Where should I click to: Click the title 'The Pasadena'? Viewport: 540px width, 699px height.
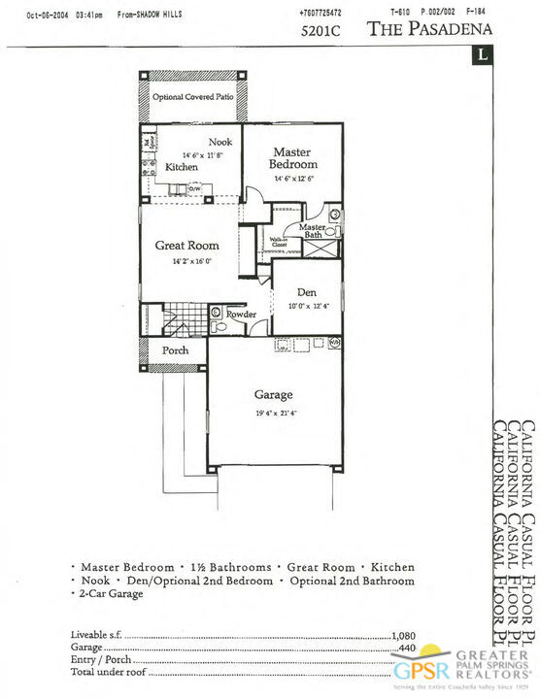tap(429, 28)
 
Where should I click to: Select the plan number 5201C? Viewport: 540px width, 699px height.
tap(321, 29)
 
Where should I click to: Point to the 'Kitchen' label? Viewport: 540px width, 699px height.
tap(182, 167)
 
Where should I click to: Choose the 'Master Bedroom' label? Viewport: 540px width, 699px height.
tap(292, 158)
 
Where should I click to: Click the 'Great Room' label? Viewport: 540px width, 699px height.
tap(186, 246)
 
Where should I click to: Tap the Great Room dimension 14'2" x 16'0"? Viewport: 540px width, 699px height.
tap(191, 261)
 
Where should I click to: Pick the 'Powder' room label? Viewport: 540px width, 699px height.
tap(241, 315)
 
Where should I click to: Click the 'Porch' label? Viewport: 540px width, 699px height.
tap(175, 350)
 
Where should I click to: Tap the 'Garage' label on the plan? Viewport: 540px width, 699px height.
tap(273, 395)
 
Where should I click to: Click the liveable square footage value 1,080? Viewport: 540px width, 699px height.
tap(403, 635)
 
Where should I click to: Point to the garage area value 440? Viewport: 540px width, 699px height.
tap(407, 647)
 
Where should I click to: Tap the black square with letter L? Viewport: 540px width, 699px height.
tap(482, 54)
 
